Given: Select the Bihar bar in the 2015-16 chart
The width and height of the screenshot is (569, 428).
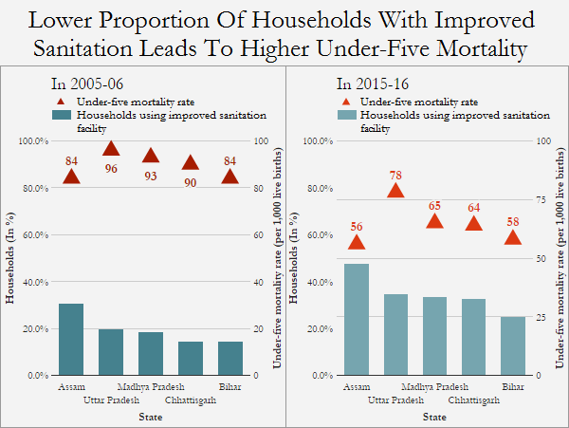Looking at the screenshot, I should tap(513, 345).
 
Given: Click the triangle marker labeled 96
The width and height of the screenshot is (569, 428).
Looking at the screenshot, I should tap(111, 148).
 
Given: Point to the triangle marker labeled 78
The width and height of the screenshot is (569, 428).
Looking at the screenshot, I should tap(395, 191).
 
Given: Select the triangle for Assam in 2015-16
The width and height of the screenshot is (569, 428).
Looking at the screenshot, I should tap(356, 243).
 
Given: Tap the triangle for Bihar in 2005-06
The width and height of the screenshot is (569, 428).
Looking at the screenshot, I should tap(230, 177).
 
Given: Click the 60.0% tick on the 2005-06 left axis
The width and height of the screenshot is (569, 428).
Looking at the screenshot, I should tap(33, 234).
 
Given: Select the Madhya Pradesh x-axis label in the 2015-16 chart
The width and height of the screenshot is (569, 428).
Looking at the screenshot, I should tap(434, 387).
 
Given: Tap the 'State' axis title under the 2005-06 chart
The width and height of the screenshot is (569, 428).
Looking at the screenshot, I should tap(150, 417).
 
